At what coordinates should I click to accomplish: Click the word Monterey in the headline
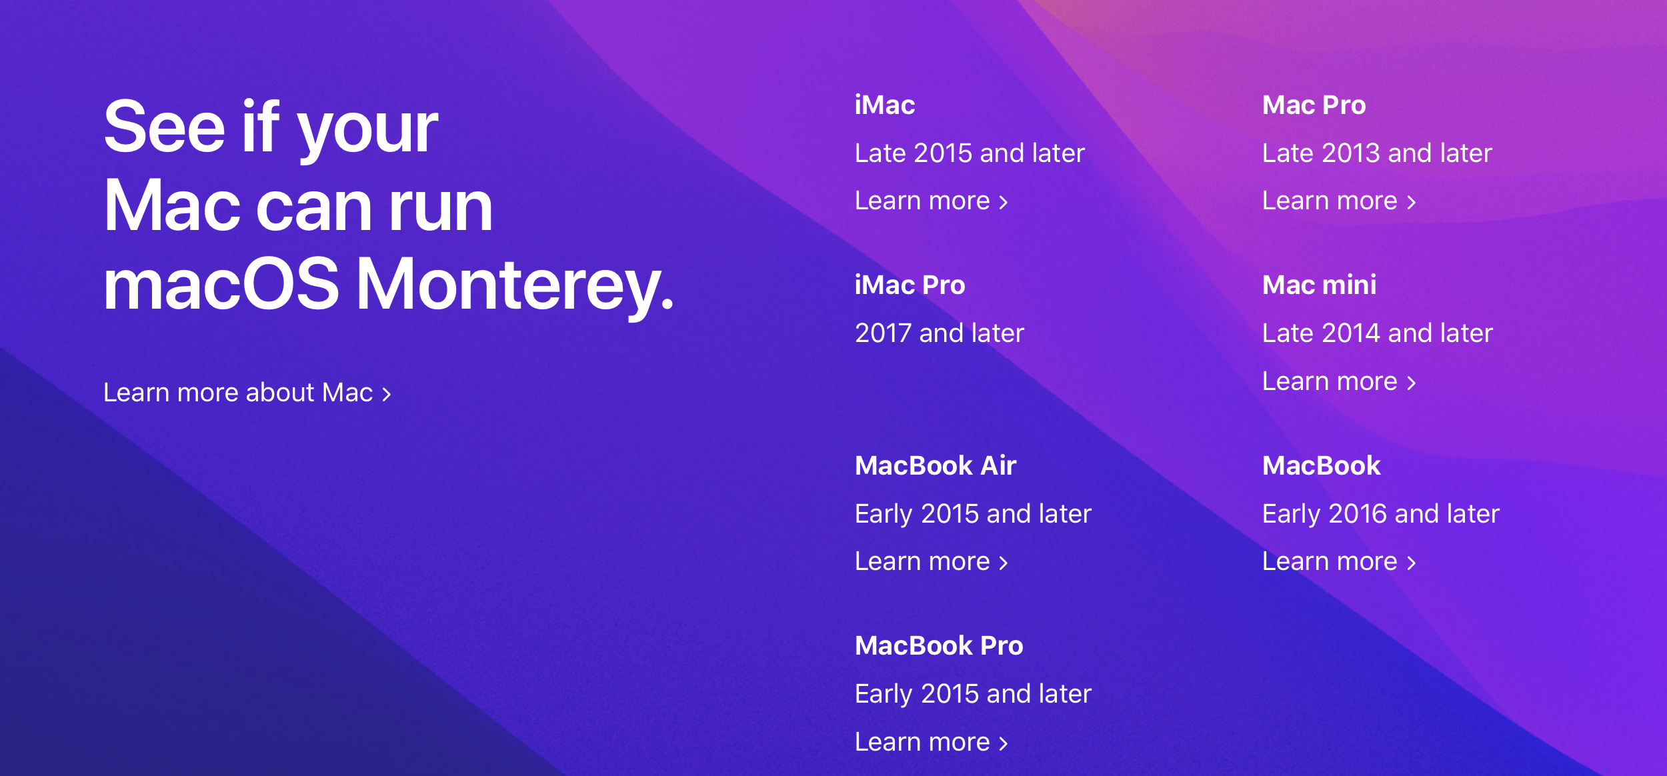point(515,285)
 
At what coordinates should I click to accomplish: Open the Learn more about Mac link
point(247,393)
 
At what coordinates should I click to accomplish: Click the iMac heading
point(885,105)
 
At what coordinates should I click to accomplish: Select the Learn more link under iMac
point(932,201)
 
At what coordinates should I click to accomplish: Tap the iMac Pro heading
point(910,285)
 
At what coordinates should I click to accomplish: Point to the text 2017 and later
point(940,333)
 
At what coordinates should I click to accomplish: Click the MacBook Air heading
point(936,465)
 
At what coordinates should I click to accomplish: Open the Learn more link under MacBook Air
point(932,561)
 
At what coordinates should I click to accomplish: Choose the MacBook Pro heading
point(939,645)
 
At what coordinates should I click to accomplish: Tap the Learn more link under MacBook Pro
point(932,742)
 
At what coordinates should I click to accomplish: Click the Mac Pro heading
point(1314,105)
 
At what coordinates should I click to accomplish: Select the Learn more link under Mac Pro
point(1339,201)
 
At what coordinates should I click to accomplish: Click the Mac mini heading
point(1320,285)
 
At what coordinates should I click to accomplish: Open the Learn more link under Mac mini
point(1339,381)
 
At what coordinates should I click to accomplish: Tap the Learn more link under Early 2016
point(1339,561)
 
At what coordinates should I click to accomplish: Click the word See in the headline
point(165,127)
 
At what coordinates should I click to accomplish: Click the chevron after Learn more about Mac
point(387,394)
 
